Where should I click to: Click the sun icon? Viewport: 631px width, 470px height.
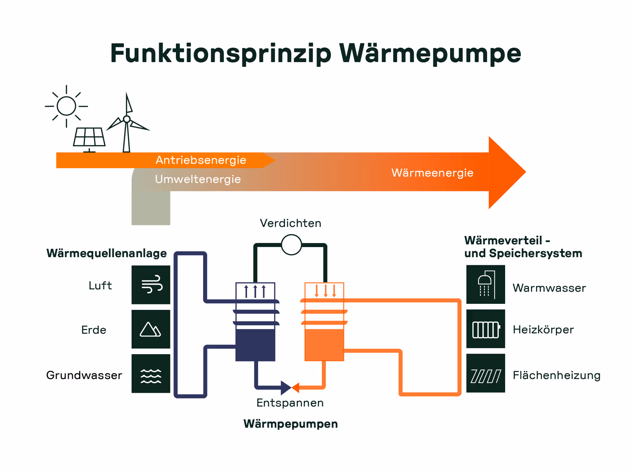coord(66,106)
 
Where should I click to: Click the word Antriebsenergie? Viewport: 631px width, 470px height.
coord(201,160)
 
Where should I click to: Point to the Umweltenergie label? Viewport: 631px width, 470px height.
coord(198,179)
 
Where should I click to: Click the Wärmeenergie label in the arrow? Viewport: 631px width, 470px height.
coord(432,173)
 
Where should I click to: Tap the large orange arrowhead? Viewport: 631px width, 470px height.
coord(505,173)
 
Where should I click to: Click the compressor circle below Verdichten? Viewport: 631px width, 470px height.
coord(291,245)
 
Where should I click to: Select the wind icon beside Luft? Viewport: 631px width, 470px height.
coord(151,285)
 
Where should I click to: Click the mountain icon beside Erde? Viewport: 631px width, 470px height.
coord(151,329)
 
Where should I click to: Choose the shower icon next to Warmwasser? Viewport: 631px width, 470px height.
coord(485,284)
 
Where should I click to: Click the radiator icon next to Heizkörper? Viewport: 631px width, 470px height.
coord(485,329)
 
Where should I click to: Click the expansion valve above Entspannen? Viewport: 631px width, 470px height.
coord(290,388)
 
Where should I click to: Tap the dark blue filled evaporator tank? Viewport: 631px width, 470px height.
coord(255,345)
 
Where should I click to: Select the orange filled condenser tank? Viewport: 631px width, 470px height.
coord(324,345)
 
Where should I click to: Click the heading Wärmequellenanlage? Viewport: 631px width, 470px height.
coord(106,253)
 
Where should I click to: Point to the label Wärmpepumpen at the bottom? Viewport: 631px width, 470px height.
coord(290,424)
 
